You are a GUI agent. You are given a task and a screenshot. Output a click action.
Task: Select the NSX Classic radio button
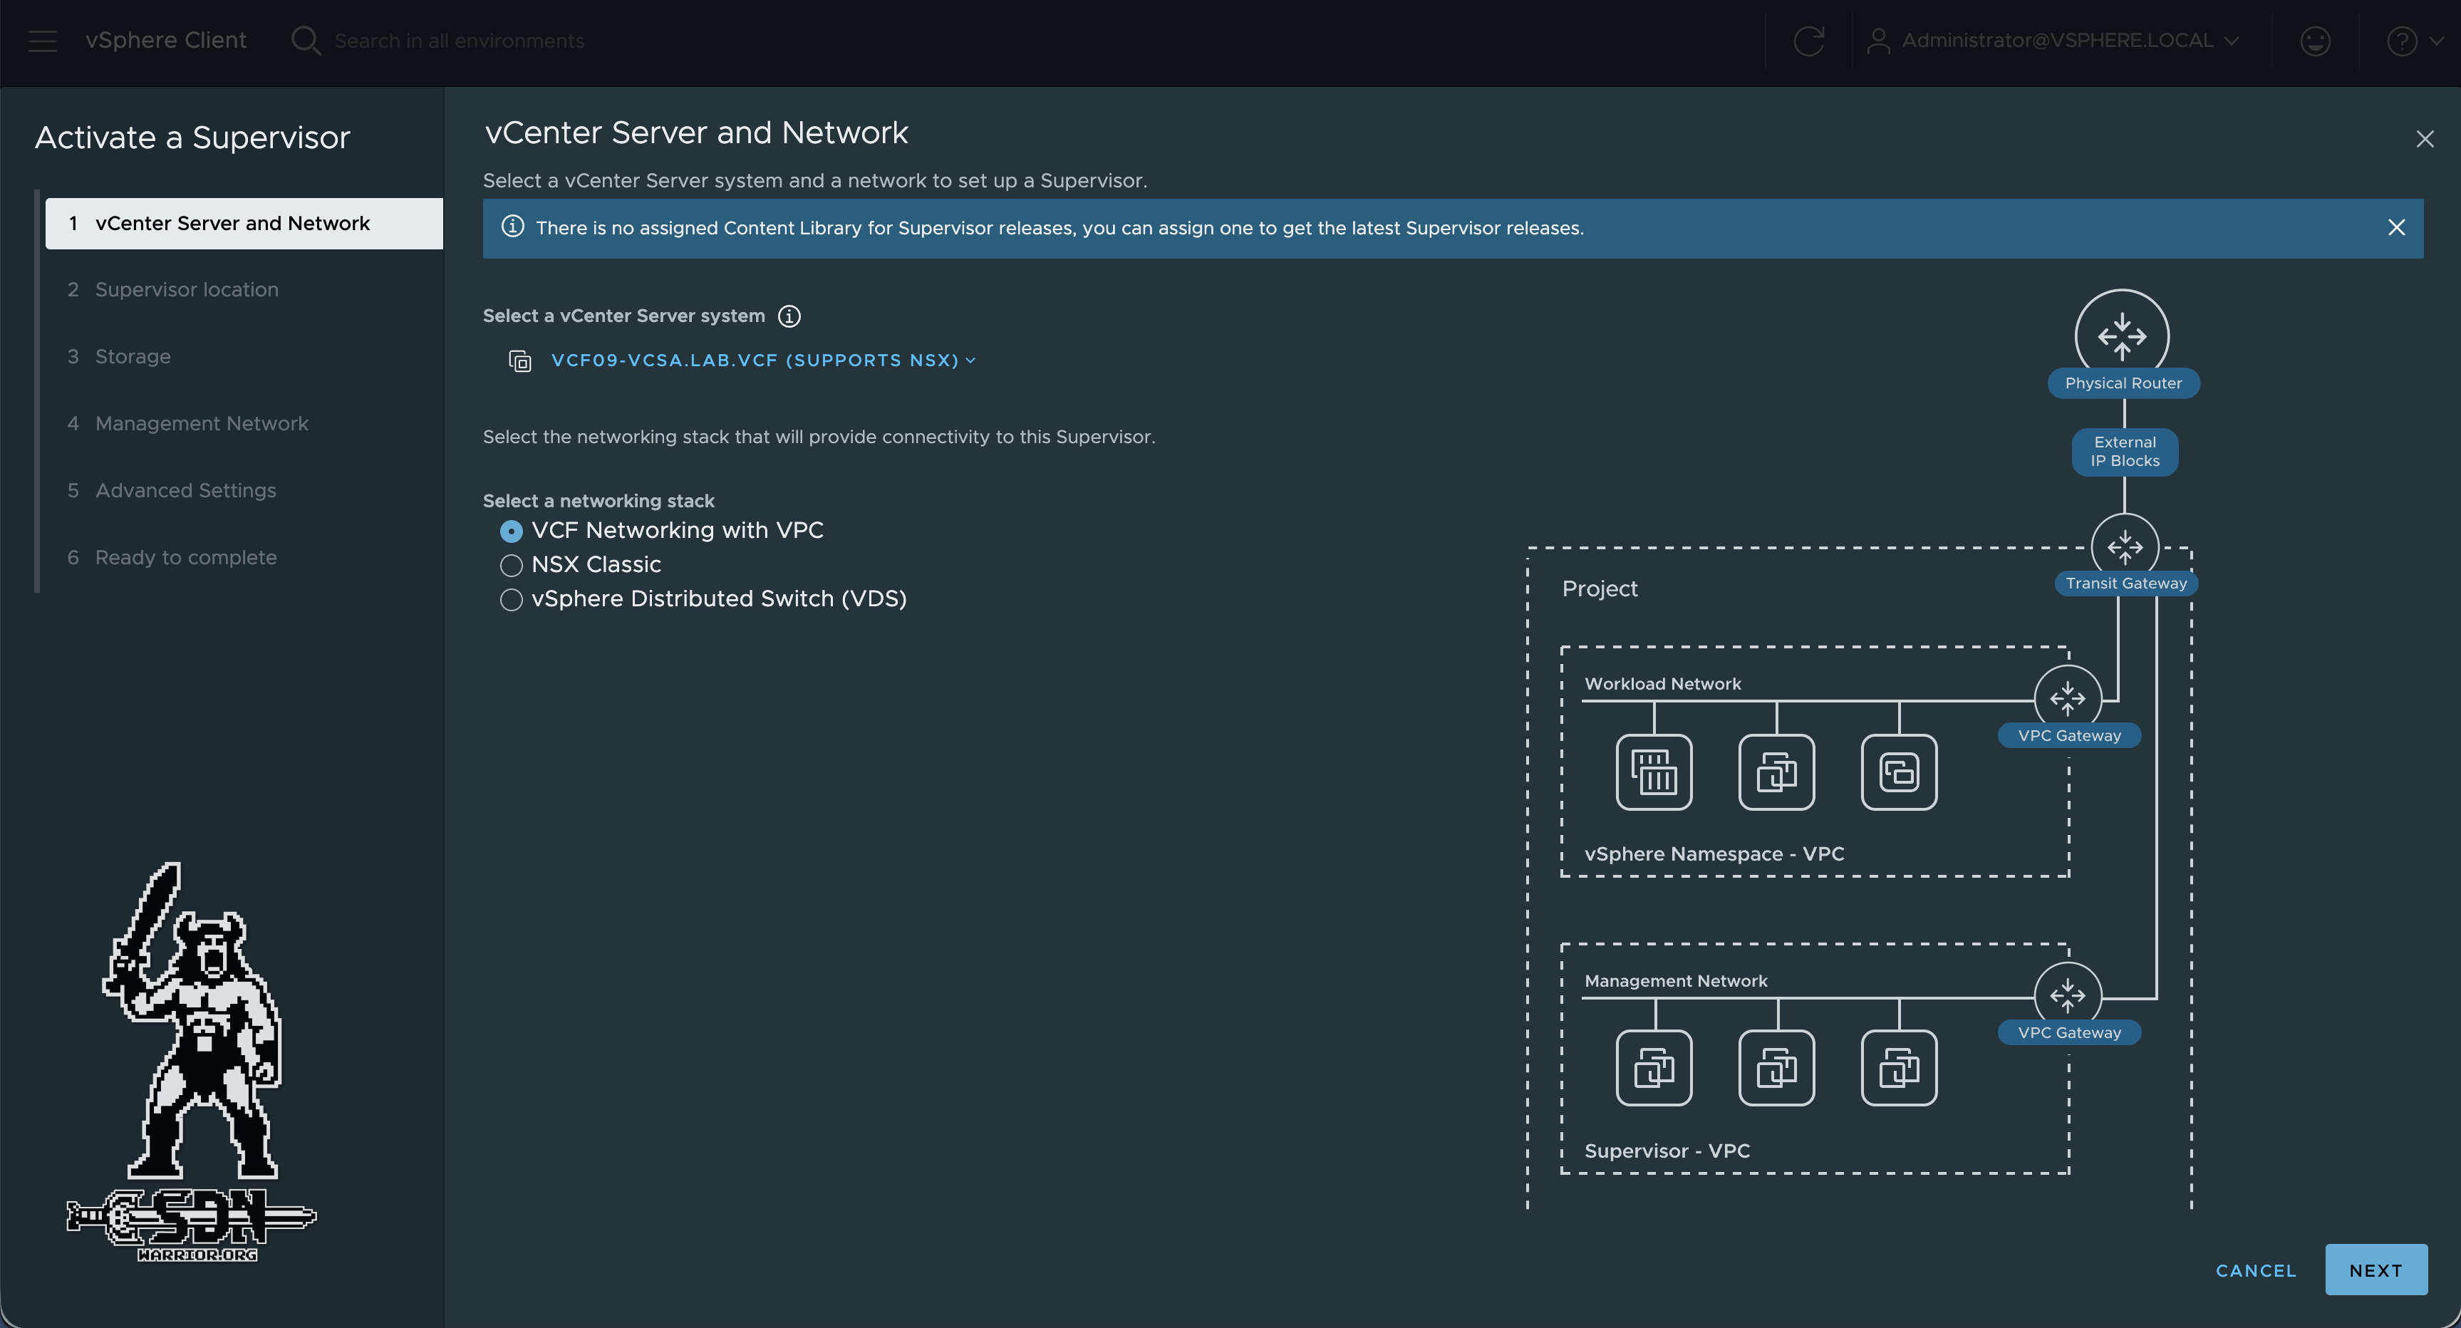[511, 566]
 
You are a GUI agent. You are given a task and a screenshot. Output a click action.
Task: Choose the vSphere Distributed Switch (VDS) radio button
[511, 600]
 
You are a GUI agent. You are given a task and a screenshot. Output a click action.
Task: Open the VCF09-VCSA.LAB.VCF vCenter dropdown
[762, 360]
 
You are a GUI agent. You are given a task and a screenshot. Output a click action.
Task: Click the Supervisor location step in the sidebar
[186, 289]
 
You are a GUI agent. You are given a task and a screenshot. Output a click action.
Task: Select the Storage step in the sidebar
[133, 356]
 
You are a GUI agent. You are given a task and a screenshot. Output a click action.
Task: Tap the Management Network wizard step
[202, 423]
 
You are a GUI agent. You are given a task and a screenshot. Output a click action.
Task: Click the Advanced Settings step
[185, 490]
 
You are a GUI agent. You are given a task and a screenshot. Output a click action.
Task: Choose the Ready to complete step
[185, 557]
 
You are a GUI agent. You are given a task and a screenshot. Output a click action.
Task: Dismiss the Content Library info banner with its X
[2395, 227]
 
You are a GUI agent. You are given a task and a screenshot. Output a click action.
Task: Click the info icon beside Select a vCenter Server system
[789, 316]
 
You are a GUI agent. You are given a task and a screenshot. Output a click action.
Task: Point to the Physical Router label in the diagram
[2123, 383]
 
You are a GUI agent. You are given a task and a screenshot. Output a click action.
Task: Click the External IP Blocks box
[2124, 451]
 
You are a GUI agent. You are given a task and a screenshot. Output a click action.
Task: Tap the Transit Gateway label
[2125, 583]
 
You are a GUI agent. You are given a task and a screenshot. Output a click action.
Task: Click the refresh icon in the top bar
[1808, 41]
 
